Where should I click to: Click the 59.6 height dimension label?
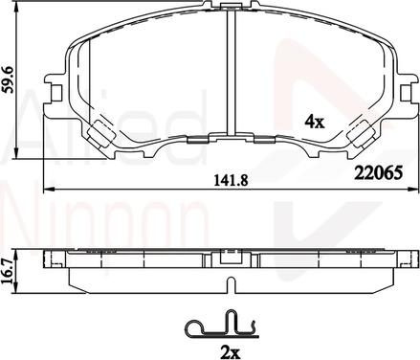pos(10,79)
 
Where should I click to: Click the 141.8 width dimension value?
pos(231,181)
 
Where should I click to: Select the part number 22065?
pos(378,173)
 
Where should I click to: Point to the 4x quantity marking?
pos(315,122)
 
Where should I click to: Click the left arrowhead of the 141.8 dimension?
pos(47,190)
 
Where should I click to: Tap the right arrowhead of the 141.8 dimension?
pos(412,190)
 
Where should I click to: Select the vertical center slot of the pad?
pos(231,71)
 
